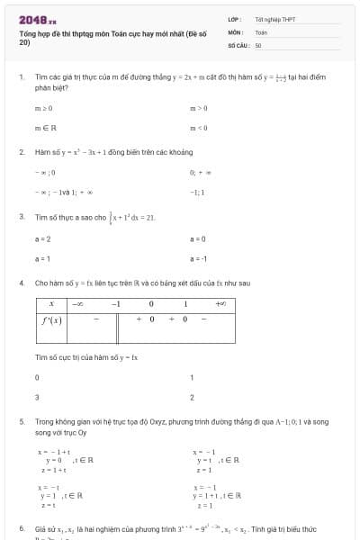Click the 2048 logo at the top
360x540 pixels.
[x=36, y=19]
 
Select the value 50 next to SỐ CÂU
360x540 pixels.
[x=258, y=44]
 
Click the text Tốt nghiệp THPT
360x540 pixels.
[x=269, y=19]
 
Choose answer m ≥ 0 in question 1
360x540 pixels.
[x=43, y=108]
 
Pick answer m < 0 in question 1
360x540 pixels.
[x=199, y=127]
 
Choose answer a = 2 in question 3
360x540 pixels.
[x=43, y=239]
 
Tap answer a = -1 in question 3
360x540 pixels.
[x=199, y=258]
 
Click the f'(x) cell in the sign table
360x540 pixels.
[x=51, y=319]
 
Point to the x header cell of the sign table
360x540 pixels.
[x=51, y=304]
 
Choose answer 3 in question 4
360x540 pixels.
[x=37, y=397]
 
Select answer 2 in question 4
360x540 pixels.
[x=193, y=397]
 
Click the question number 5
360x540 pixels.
[x=21, y=421]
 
